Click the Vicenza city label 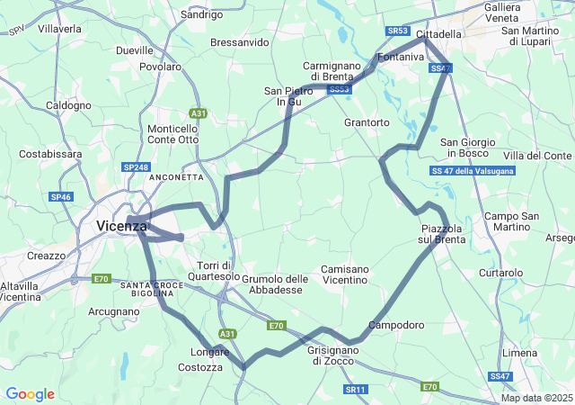120,227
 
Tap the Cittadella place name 438,33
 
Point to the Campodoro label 395,325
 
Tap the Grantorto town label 367,121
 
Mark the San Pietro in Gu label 287,96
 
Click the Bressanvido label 239,42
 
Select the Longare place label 209,352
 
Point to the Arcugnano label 114,311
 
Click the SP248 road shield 136,167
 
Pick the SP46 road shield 61,197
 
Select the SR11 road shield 356,389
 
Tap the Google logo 30,394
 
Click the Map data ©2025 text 536,398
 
